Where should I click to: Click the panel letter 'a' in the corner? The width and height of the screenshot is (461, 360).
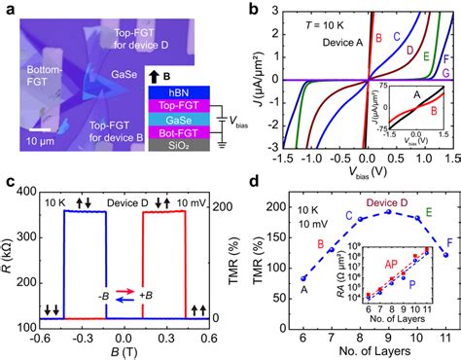tap(7, 9)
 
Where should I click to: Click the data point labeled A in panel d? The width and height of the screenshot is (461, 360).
tap(277, 277)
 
